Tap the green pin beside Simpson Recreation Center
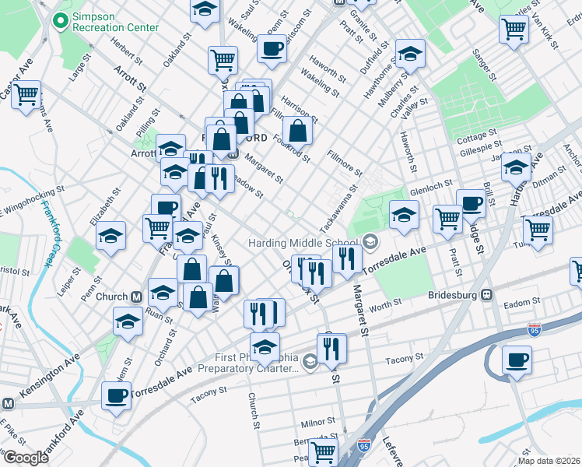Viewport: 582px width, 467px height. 59,22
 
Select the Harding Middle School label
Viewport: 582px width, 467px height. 303,243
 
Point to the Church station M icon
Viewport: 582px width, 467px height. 136,297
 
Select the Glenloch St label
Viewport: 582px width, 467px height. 431,186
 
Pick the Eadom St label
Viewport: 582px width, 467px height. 522,302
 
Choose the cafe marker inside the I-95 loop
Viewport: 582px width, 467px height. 517,360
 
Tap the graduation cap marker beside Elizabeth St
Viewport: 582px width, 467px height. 111,235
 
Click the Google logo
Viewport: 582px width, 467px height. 25,458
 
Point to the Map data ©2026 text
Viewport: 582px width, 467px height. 549,460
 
